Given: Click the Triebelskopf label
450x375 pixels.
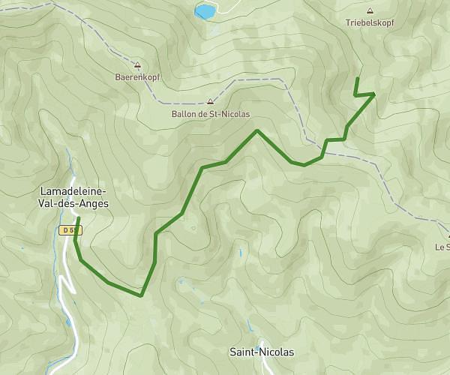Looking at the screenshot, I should [x=370, y=22].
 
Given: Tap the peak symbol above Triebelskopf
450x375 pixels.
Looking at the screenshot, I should [x=370, y=11].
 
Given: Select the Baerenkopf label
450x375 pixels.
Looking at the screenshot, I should [x=136, y=76].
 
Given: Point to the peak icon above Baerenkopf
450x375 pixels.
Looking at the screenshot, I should [x=136, y=64].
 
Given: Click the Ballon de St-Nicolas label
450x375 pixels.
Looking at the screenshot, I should [x=210, y=114].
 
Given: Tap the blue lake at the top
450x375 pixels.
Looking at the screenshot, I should [x=203, y=11].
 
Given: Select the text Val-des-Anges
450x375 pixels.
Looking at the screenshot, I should [x=73, y=202].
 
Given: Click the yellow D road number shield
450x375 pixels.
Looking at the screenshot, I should [x=70, y=229].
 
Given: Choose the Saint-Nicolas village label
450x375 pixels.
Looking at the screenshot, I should [x=262, y=351].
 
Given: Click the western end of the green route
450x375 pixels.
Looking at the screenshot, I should [x=78, y=218].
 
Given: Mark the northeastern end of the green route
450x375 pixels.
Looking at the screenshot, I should [x=357, y=79].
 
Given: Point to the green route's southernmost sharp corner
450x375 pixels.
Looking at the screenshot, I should [x=141, y=295].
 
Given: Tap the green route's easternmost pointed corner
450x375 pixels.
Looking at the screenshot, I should [x=374, y=94].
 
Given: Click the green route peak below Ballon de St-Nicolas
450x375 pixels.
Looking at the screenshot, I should [x=257, y=130].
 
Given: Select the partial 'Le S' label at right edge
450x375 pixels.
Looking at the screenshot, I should [x=442, y=247].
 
